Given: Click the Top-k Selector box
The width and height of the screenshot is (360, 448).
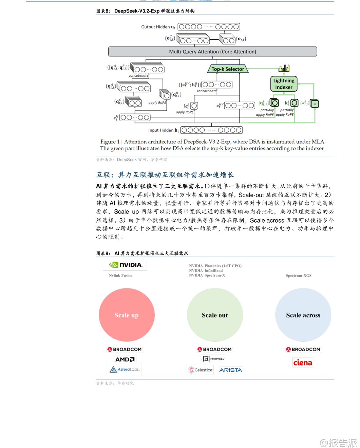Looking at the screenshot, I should (228, 69).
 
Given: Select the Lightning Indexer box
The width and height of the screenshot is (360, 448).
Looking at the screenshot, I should (284, 84).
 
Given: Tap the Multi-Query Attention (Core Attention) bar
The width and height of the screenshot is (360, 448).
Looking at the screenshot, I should (212, 52).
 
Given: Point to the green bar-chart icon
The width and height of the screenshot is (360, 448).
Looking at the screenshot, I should (284, 68).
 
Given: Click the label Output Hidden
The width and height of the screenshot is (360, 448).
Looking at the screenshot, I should (155, 27).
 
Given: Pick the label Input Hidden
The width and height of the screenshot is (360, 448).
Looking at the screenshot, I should (161, 130).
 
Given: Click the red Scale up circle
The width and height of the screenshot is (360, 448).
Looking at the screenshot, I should (127, 315).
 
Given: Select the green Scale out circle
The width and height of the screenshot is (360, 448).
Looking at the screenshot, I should (215, 315).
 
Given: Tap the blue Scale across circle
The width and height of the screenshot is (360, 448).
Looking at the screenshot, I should (303, 315).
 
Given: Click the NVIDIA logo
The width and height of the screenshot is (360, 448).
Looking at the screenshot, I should (126, 265).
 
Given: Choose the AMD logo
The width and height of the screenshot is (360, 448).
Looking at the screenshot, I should (125, 359).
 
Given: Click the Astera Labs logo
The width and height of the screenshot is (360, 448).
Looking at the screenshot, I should (125, 369).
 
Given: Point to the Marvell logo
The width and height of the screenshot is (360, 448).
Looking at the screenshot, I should (214, 359).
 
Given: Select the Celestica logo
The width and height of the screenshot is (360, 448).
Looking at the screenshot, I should (201, 370).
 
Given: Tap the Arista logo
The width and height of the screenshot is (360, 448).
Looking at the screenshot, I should (231, 370).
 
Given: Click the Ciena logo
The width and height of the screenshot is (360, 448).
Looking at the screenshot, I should (303, 363).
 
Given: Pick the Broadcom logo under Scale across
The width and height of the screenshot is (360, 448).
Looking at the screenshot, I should (303, 349).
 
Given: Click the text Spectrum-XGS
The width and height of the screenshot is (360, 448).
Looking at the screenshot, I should (299, 276).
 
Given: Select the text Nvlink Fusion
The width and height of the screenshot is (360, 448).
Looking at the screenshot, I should (121, 276).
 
